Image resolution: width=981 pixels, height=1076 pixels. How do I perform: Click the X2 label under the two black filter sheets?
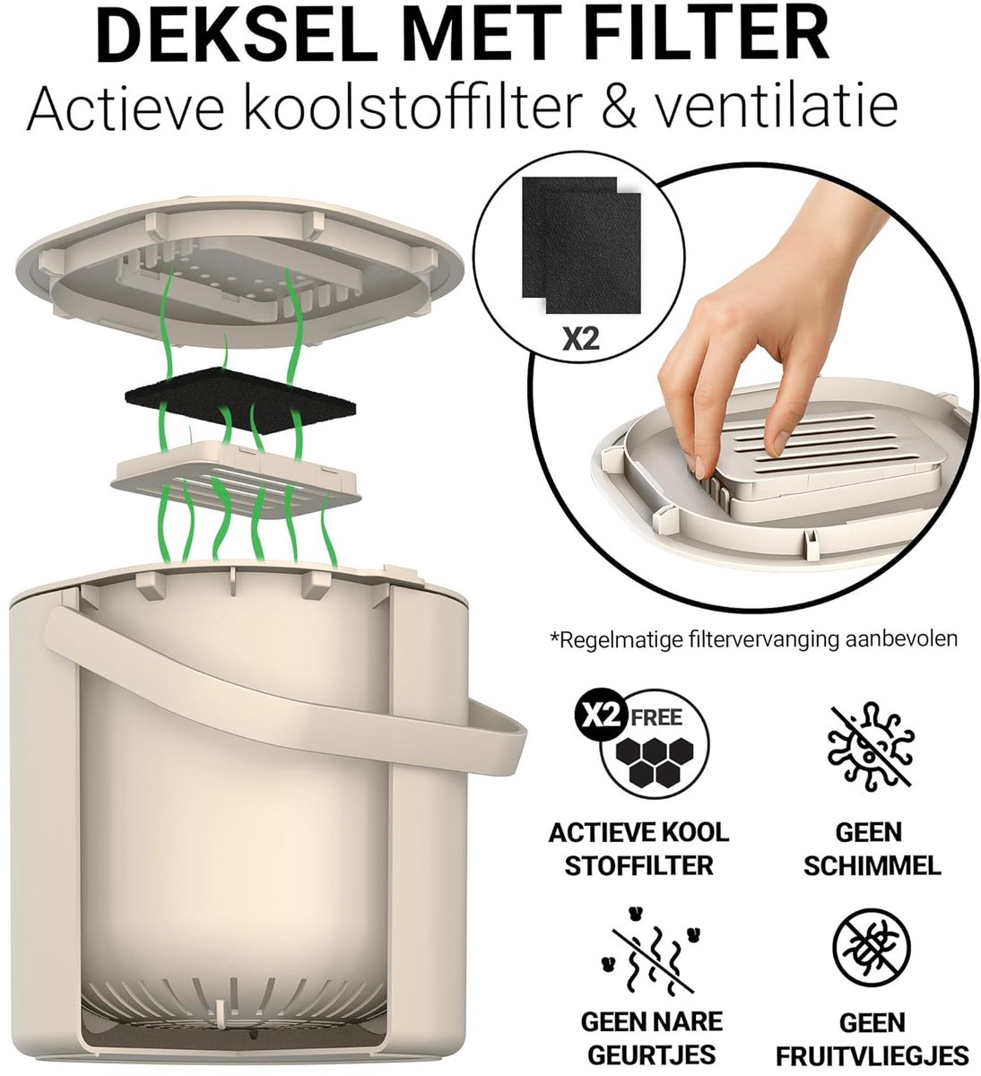[x=581, y=338]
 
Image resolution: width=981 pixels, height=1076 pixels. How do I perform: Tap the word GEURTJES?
[x=651, y=1052]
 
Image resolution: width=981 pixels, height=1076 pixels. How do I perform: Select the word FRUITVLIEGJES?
[x=872, y=1053]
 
